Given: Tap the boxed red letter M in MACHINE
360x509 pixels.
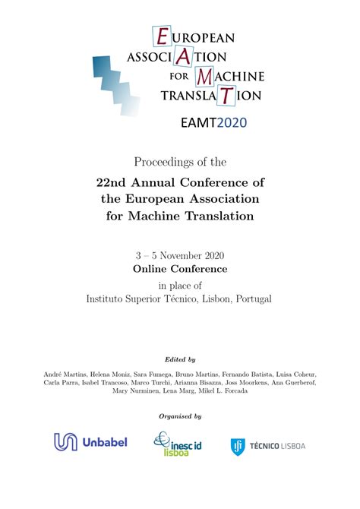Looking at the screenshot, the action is (204, 76).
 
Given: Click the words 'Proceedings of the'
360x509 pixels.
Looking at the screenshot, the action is (180, 162).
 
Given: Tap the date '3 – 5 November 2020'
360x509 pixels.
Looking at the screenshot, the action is (180, 255).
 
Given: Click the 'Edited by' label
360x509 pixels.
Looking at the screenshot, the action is (180, 359).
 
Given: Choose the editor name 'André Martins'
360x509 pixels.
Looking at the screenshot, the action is (58, 375).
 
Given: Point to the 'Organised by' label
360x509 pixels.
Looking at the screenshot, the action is (180, 416).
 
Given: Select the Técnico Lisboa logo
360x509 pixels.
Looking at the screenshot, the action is (267, 446).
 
